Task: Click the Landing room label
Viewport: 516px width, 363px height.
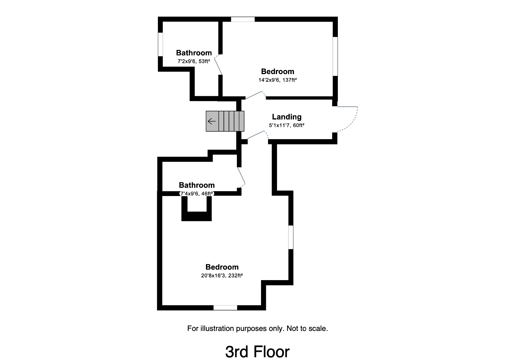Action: (286, 117)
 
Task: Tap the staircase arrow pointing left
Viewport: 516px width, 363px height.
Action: (212, 121)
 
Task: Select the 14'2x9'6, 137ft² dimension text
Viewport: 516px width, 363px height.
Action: (278, 80)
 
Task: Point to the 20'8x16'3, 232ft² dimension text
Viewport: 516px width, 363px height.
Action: (222, 276)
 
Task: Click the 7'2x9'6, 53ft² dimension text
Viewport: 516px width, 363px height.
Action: (194, 61)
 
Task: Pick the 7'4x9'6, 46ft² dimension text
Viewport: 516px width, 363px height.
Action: (197, 194)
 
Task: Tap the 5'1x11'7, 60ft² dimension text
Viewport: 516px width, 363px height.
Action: (286, 125)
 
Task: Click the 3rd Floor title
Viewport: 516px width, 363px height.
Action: (257, 352)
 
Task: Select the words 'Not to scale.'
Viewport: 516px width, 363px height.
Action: (307, 329)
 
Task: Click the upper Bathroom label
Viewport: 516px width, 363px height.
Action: (194, 53)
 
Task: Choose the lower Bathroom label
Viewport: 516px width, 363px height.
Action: (197, 185)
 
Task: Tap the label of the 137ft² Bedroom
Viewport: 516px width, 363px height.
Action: (278, 72)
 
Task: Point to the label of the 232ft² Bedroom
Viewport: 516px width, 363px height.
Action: (222, 267)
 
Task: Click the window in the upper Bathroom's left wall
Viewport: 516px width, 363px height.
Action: (160, 44)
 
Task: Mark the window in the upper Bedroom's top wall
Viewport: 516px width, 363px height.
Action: (243, 19)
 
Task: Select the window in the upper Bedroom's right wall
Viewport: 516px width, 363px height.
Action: (335, 57)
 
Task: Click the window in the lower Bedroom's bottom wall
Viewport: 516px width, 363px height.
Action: (225, 308)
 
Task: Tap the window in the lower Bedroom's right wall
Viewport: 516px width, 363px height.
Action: (291, 237)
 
